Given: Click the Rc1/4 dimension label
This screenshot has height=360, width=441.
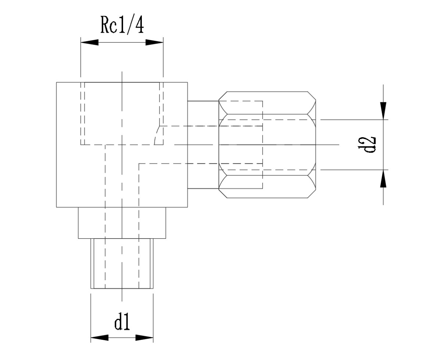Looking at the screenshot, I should pos(122,26).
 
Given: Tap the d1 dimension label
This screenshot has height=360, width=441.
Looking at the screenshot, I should pos(122,322).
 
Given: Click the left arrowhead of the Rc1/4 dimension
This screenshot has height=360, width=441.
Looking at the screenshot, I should pos(89,42).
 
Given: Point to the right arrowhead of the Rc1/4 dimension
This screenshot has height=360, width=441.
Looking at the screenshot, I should pos(154,42).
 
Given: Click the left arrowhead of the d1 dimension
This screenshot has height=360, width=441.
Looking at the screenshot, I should pos(100,337).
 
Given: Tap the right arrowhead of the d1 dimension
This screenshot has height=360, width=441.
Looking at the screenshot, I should pos(144,337).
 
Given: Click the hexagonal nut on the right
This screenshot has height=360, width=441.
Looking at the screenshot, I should pos(268,145).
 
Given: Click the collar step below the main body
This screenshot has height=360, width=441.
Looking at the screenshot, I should pos(122,223).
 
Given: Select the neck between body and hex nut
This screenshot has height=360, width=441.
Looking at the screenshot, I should pos(203,145).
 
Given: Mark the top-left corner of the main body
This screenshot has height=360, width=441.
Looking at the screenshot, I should pos(57,82).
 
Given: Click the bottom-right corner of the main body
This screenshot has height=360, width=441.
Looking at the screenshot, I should pos(187,207).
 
